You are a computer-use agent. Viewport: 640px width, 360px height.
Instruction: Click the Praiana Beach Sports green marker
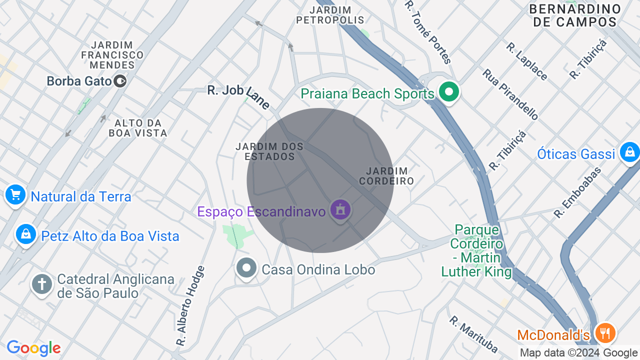[x=449, y=92]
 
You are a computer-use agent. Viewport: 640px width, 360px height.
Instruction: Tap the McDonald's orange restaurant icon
[x=605, y=333]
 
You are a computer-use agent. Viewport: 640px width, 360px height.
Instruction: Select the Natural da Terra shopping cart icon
[x=15, y=195]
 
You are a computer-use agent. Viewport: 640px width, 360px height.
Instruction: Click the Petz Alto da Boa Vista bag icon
[x=25, y=234]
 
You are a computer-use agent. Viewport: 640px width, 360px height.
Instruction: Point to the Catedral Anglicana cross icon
[x=42, y=284]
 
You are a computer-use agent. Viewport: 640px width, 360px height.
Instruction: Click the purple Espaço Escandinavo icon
[x=340, y=210]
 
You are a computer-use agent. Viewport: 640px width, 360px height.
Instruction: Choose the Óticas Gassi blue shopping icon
[x=629, y=151]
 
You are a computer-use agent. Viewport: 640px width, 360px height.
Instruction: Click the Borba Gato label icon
[x=120, y=80]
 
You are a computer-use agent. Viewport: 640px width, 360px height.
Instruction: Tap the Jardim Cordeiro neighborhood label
[x=386, y=176]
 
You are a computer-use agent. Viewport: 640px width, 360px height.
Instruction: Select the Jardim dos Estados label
[x=269, y=151]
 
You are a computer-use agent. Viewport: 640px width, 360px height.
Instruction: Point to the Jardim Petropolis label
[x=330, y=15]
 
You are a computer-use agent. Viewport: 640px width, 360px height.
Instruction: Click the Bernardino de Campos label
[x=575, y=15]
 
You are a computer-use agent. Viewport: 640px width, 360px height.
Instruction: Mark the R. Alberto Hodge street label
[x=190, y=306]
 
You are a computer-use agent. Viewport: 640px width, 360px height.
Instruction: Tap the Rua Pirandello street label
[x=510, y=94]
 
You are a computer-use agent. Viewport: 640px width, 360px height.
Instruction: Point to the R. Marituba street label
[x=473, y=333]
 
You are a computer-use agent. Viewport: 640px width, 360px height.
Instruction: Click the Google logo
[x=33, y=348]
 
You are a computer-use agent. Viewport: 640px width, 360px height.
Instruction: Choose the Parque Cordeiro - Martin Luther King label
[x=476, y=251]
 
